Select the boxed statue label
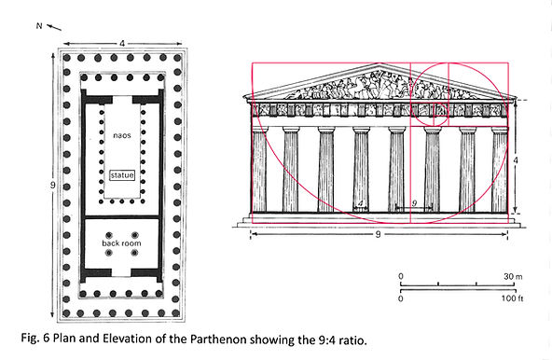(121, 175)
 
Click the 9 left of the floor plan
(52, 185)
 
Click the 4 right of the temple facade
(517, 160)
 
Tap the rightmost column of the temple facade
(499, 169)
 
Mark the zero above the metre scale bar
(401, 276)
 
